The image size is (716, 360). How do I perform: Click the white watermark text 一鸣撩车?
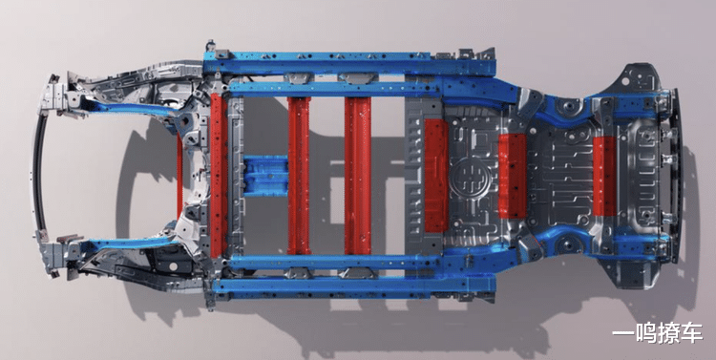(x=657, y=334)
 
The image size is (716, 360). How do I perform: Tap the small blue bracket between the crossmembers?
(x=265, y=176)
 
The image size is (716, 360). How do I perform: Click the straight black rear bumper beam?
(x=676, y=177)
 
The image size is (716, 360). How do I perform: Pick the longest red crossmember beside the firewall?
(x=219, y=175)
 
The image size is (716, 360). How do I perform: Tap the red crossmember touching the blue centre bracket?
(x=299, y=176)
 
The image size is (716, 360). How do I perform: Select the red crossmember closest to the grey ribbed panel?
(x=358, y=176)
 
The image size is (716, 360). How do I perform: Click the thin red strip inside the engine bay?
(x=179, y=176)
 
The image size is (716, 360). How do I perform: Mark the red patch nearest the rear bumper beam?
(x=605, y=176)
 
